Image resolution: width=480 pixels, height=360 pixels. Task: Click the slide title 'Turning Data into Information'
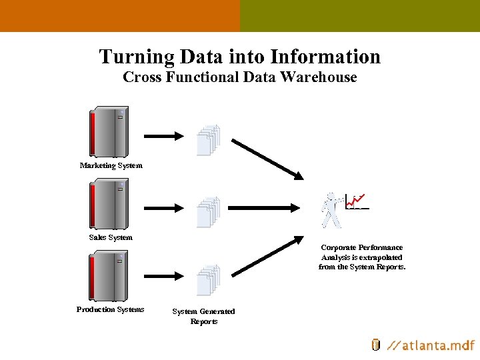[x=240, y=57]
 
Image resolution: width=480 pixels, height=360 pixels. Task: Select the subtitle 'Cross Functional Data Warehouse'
[x=240, y=77]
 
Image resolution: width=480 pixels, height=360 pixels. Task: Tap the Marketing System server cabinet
[x=109, y=132]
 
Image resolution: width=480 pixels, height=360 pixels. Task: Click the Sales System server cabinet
[x=109, y=205]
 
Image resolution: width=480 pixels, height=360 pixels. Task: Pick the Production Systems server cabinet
[x=109, y=276]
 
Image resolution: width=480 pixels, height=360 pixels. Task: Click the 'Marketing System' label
[x=111, y=165]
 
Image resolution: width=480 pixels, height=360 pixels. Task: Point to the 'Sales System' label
[x=111, y=237]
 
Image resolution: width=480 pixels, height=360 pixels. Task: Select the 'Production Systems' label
[x=110, y=309]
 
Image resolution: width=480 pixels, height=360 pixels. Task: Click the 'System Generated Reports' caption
[x=203, y=316]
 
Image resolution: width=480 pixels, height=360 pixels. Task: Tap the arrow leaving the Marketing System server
[x=164, y=136]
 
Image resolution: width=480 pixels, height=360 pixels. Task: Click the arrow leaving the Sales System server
[x=164, y=208]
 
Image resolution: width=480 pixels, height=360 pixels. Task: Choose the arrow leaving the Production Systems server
[x=164, y=274]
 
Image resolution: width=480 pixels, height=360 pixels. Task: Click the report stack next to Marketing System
[x=208, y=140]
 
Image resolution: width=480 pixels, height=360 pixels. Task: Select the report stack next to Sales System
[x=208, y=212]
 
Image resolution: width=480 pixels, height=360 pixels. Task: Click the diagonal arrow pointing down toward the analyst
[x=267, y=159]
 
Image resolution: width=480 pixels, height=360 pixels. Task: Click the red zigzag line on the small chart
[x=358, y=199]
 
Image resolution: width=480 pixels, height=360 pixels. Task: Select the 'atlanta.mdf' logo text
[x=431, y=345]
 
